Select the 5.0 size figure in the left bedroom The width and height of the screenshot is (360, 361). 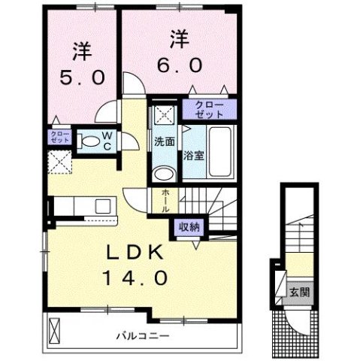point(83,77)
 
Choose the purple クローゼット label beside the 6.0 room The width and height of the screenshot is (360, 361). point(208,109)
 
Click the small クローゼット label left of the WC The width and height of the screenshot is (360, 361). point(59,138)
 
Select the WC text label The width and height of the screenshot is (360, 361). point(107,141)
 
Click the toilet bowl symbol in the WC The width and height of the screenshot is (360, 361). point(89,141)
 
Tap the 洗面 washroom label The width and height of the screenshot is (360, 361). point(165,141)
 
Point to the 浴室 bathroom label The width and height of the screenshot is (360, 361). point(192,156)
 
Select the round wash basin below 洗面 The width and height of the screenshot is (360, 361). point(163,174)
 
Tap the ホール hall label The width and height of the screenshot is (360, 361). point(165,200)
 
